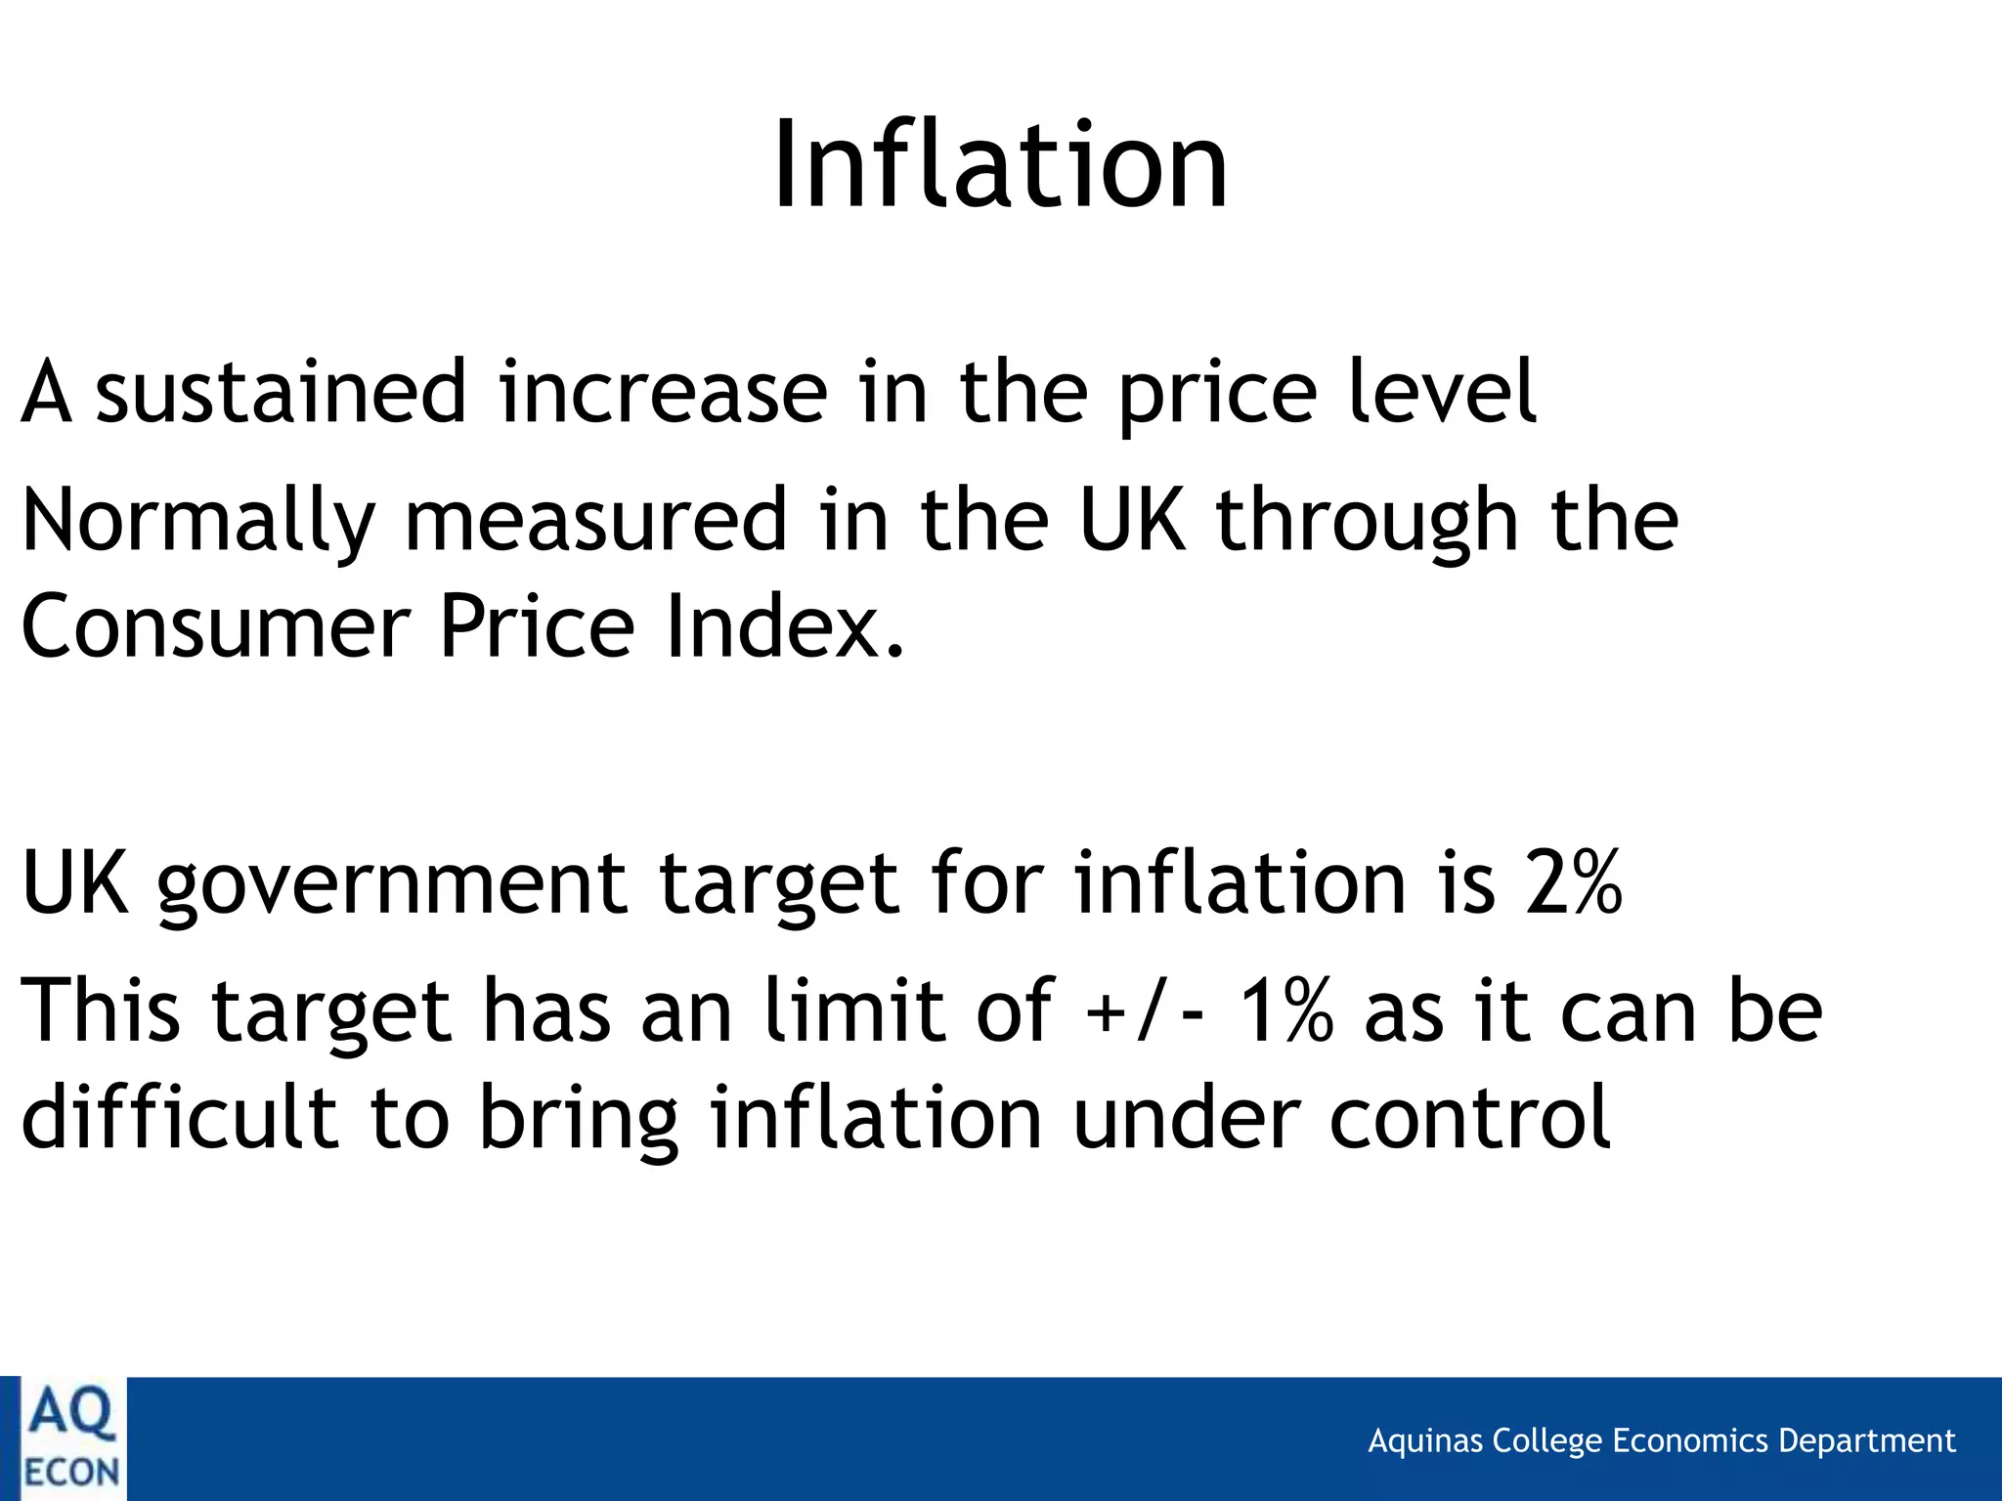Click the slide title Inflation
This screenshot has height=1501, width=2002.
[999, 164]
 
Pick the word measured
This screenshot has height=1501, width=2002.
[595, 520]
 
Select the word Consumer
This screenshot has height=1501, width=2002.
[214, 626]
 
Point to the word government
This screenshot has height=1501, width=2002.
[391, 884]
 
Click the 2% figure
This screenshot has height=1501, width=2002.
[1573, 882]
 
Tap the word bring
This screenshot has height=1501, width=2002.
[578, 1120]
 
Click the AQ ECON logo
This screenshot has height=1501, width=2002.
[70, 1438]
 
